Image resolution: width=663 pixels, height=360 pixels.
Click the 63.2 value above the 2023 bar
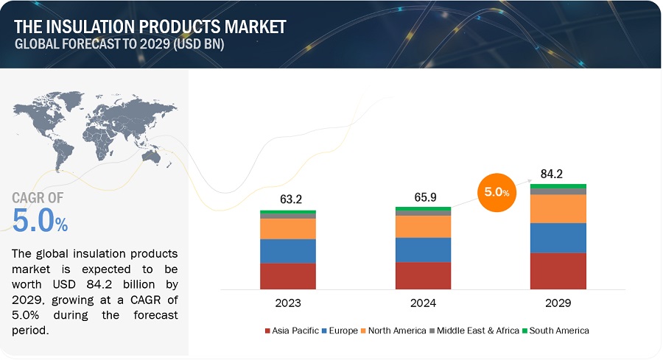point(288,199)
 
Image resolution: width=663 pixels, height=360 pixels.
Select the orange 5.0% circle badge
point(497,192)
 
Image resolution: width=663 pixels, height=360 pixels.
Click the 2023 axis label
point(288,303)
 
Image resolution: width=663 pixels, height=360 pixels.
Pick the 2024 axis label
point(423,303)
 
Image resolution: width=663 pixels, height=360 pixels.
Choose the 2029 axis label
point(558,303)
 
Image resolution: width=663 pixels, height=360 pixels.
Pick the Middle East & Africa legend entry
point(474,331)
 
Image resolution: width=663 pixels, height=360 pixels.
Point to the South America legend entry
point(558,331)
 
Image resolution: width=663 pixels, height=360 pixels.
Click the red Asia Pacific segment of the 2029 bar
point(558,271)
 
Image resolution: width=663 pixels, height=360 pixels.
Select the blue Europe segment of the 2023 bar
point(288,251)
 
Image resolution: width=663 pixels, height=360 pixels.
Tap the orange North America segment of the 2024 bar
point(423,227)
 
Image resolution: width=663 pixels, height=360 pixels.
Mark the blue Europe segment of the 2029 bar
point(558,238)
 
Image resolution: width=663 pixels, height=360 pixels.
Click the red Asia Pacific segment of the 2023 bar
point(288,276)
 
